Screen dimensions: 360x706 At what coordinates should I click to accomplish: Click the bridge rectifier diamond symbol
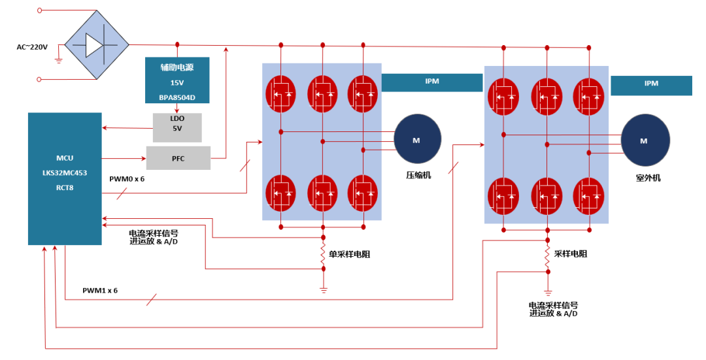(x=96, y=45)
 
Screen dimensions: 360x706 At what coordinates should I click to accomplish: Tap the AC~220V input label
(x=32, y=47)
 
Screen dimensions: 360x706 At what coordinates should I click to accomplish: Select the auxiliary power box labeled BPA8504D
(x=177, y=80)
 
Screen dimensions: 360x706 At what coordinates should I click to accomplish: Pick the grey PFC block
(x=178, y=158)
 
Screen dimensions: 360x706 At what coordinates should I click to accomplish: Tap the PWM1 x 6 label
(x=100, y=290)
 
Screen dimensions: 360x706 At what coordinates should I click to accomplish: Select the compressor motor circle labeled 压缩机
(x=417, y=139)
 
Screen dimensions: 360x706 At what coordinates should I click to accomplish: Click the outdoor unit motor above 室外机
(x=645, y=141)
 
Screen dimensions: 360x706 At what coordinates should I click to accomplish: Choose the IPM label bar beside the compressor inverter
(x=431, y=82)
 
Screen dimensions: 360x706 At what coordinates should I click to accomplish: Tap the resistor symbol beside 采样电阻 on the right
(x=548, y=257)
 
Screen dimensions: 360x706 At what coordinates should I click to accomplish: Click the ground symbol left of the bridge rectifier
(x=58, y=61)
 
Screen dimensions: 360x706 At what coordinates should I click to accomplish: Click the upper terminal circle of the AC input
(x=39, y=10)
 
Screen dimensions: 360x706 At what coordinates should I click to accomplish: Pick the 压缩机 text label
(x=418, y=174)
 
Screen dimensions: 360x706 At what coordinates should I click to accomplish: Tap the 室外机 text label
(x=648, y=177)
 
